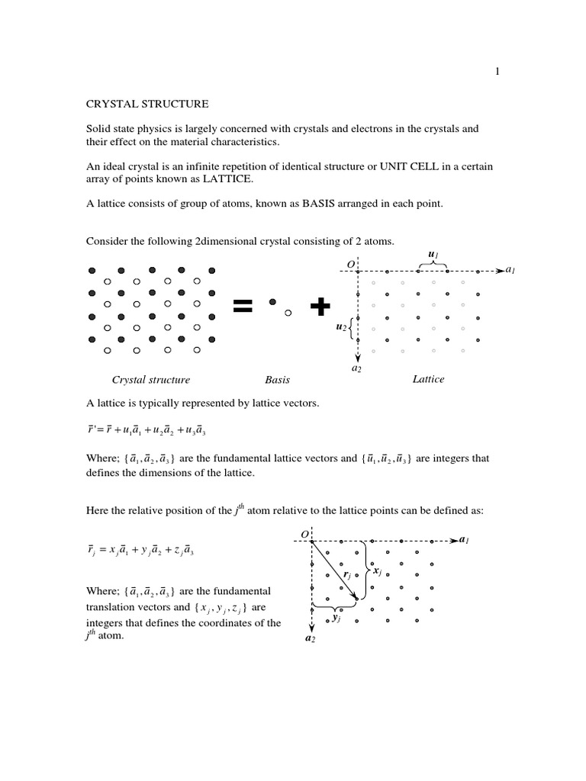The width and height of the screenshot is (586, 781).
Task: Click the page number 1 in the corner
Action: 497,72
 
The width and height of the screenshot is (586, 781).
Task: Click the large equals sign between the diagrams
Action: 242,307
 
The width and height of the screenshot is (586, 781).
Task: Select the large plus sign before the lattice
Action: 320,307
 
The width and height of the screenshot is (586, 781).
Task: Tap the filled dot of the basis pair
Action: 272,301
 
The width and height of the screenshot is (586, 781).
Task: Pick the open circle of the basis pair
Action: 287,311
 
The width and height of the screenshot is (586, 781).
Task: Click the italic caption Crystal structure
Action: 151,379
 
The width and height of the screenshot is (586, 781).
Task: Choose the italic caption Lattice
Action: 428,379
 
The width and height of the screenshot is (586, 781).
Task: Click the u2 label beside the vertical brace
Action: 340,326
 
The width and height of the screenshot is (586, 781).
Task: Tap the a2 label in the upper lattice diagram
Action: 356,368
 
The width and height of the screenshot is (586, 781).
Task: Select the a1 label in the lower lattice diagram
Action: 464,539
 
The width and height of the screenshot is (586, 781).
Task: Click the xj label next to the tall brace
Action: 377,570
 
